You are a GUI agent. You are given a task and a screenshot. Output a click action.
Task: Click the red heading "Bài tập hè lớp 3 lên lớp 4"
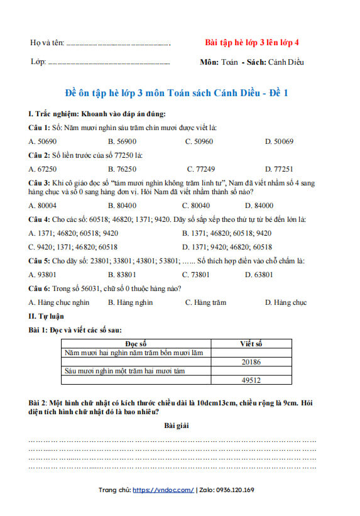[252, 43]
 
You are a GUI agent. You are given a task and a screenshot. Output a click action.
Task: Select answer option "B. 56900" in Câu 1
[122, 141]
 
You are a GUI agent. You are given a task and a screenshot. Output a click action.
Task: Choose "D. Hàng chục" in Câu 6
[285, 302]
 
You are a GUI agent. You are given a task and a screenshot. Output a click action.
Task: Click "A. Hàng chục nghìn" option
[59, 302]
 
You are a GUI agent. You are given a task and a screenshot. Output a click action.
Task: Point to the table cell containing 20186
[251, 362]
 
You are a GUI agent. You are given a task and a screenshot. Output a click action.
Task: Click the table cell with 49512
[251, 380]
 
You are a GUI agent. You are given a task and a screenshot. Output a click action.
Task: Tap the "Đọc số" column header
[136, 344]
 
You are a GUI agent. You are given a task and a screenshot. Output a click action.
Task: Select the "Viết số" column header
[251, 344]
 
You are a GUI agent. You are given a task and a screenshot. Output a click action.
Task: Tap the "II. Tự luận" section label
[46, 316]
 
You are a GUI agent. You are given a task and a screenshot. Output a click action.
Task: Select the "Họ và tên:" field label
[47, 43]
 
